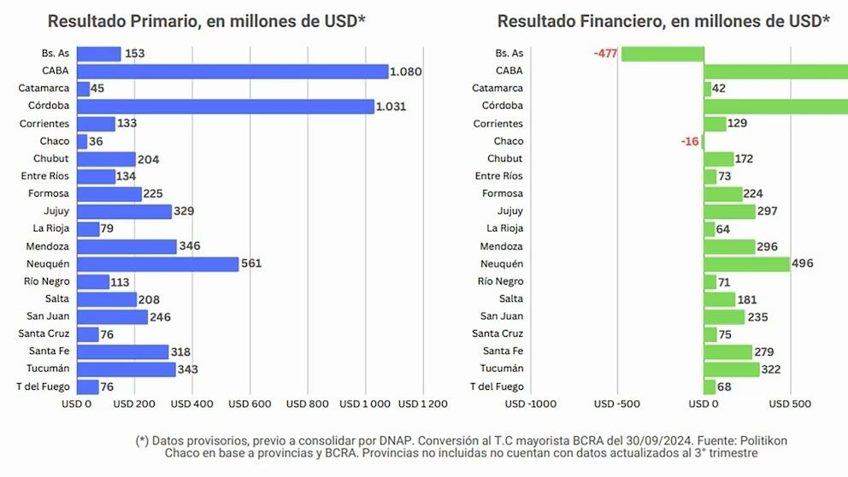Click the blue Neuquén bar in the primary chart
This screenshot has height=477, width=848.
click(158, 264)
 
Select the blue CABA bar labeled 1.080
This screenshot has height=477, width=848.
click(233, 71)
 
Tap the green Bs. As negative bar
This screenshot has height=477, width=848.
click(662, 54)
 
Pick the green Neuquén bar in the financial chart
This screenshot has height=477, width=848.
click(746, 264)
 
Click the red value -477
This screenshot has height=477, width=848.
click(605, 54)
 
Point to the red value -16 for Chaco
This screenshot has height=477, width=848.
click(690, 141)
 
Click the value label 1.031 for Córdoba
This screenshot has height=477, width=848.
click(392, 107)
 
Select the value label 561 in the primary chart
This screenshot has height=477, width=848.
click(251, 264)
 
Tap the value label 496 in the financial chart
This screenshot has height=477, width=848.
click(803, 264)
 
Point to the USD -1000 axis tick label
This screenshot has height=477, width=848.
click(531, 403)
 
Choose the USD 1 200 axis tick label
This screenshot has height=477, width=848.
click(423, 403)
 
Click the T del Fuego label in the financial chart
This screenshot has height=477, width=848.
click(497, 386)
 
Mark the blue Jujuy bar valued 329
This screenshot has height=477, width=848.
click(124, 212)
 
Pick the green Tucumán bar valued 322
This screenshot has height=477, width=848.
click(732, 369)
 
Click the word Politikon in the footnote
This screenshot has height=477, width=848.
click(757, 440)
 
